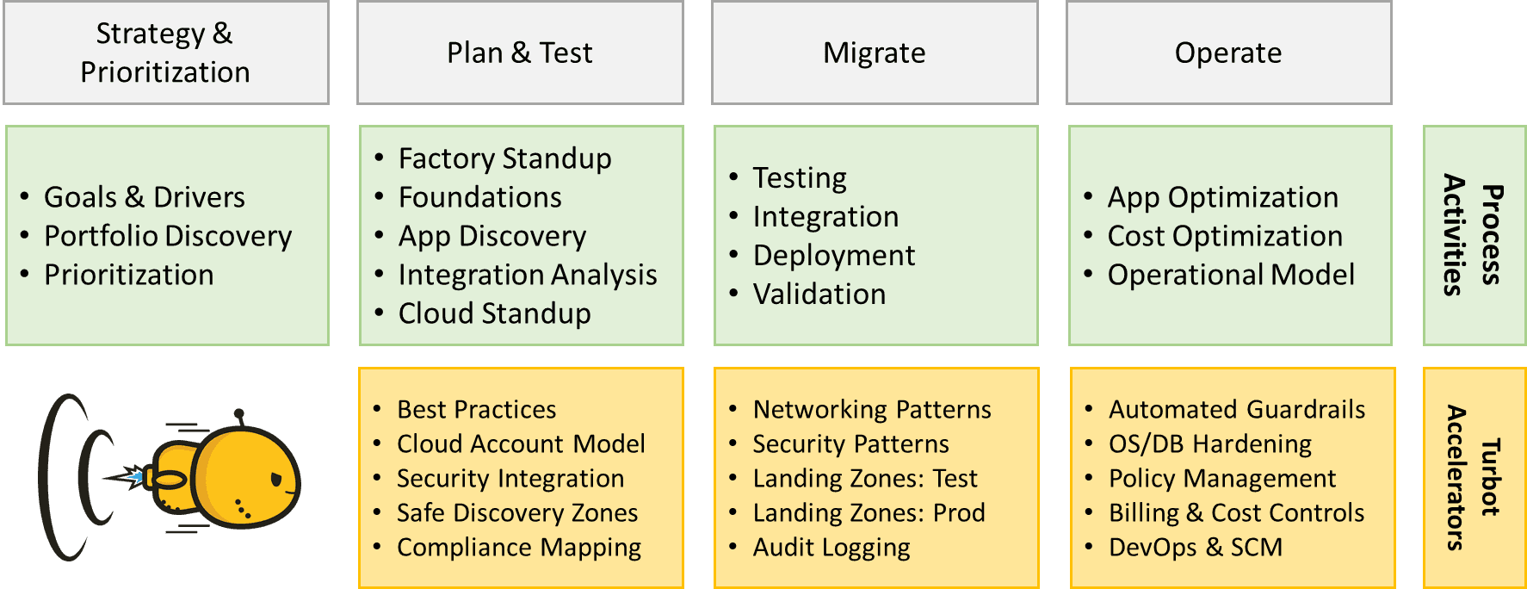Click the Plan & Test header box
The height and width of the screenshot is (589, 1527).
pyautogui.click(x=520, y=53)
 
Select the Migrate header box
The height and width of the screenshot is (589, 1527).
pyautogui.click(x=875, y=53)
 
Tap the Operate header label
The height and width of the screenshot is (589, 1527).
pyautogui.click(x=1228, y=53)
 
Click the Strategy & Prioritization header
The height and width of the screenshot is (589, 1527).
pyautogui.click(x=166, y=53)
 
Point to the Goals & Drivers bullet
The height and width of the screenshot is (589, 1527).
pyautogui.click(x=145, y=197)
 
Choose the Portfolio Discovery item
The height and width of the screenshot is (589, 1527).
pyautogui.click(x=168, y=236)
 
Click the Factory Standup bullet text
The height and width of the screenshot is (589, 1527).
pyautogui.click(x=505, y=158)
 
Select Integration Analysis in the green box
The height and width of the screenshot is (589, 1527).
pyautogui.click(x=528, y=275)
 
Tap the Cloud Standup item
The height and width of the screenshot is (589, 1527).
pyautogui.click(x=495, y=313)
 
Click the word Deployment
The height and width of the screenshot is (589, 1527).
pyautogui.click(x=834, y=256)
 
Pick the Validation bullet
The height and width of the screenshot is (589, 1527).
pyautogui.click(x=819, y=294)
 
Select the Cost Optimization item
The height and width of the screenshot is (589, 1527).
pyautogui.click(x=1225, y=236)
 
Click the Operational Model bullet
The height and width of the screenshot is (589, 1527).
pyautogui.click(x=1231, y=275)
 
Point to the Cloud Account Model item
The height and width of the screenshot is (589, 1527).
pyautogui.click(x=521, y=443)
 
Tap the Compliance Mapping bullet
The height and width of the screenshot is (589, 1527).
pyautogui.click(x=519, y=548)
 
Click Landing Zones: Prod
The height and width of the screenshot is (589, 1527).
pyautogui.click(x=869, y=513)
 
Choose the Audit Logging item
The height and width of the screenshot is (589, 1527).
pyautogui.click(x=832, y=548)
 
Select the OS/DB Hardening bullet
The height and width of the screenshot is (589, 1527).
pyautogui.click(x=1210, y=444)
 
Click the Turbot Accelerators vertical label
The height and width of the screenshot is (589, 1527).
pyautogui.click(x=1473, y=478)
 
